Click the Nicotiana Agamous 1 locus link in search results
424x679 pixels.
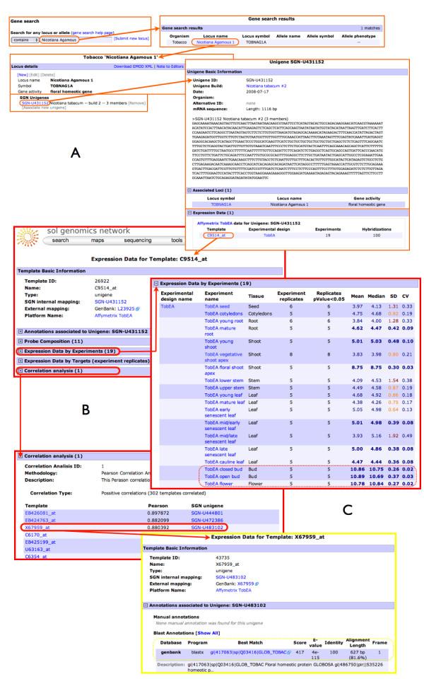click(217, 42)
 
